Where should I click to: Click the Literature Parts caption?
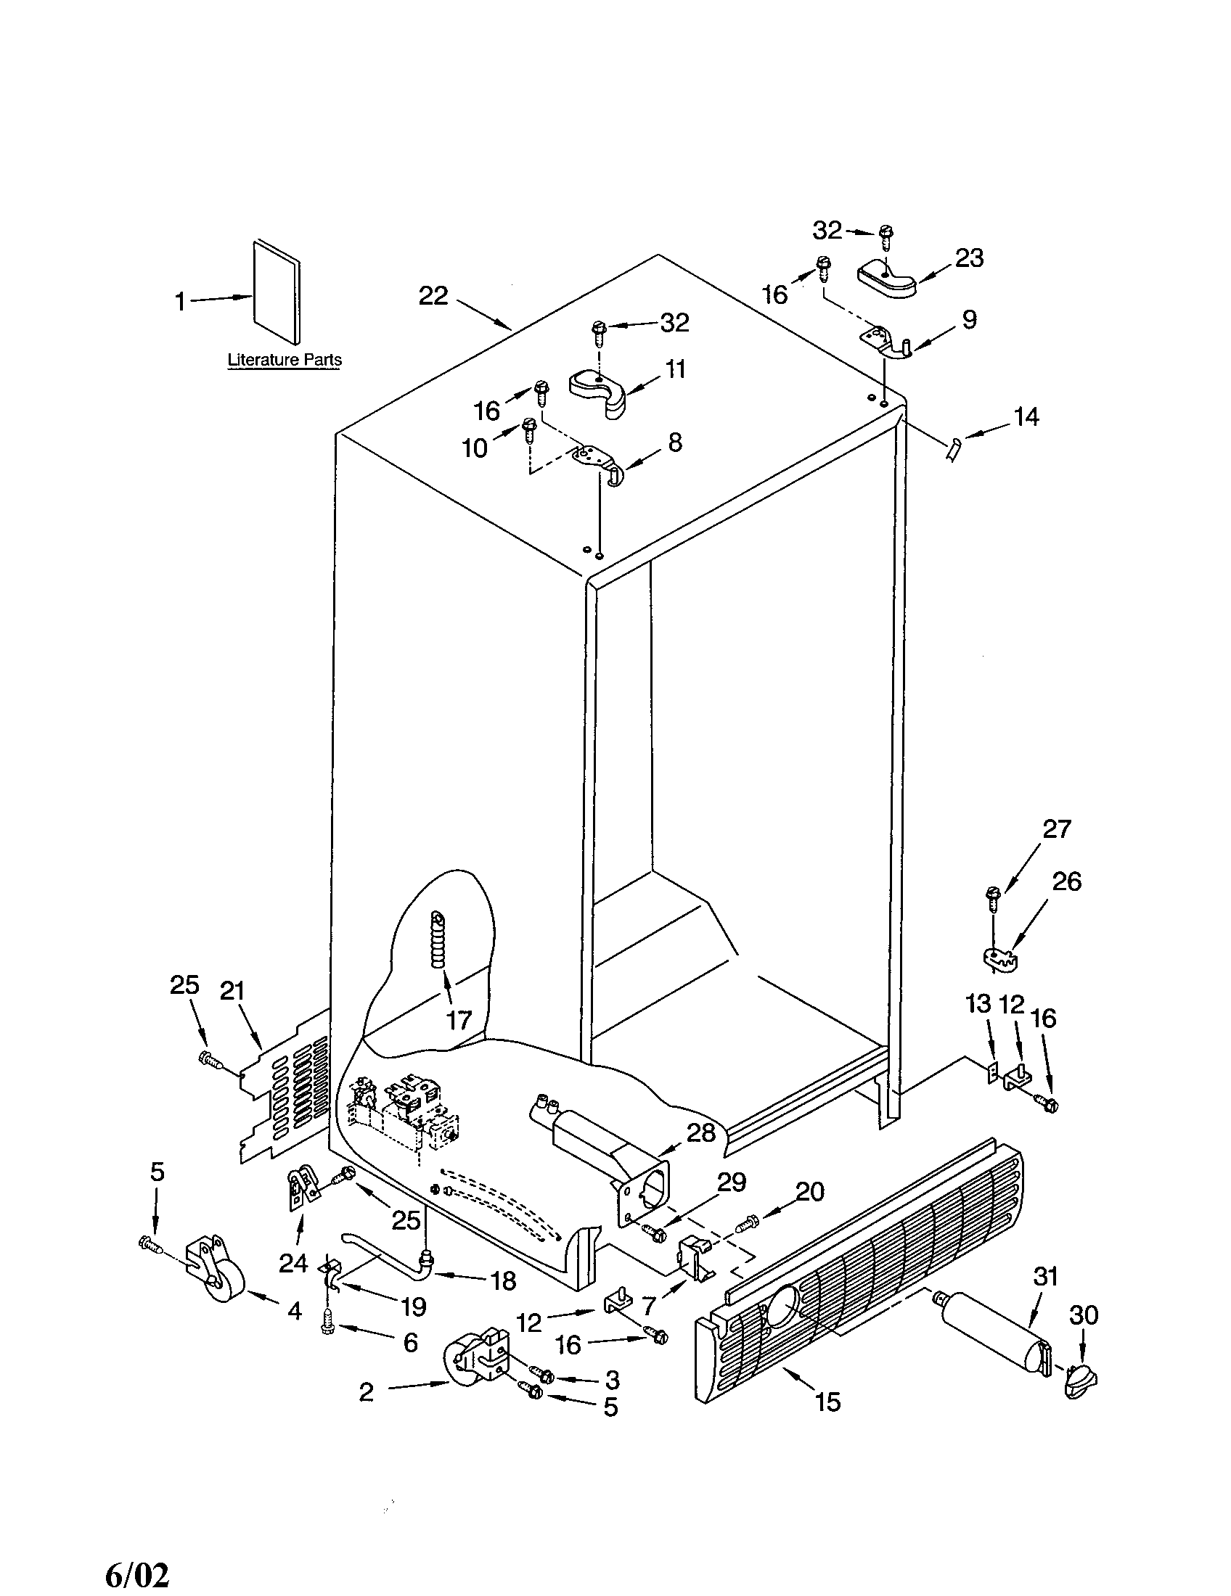click(285, 360)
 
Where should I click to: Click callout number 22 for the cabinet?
click(433, 295)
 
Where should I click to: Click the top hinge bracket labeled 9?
click(885, 342)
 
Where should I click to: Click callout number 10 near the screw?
click(475, 448)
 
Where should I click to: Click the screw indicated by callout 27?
click(993, 897)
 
